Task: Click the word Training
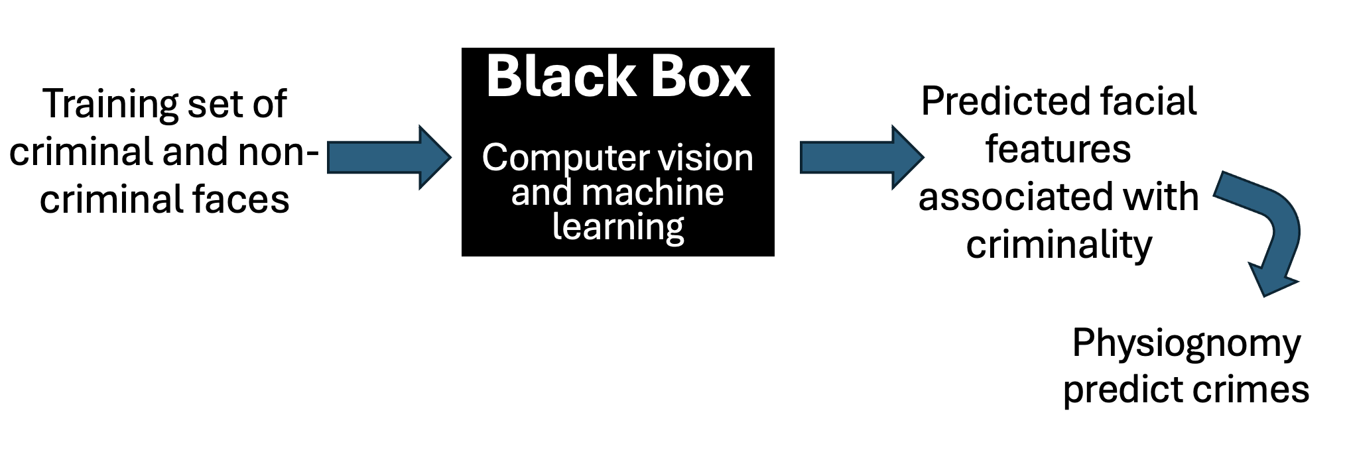[109, 105]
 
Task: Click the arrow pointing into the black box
[389, 158]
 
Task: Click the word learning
[618, 227]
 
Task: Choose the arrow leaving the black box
[861, 158]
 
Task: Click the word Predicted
[1005, 102]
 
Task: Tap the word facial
[1149, 102]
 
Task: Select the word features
[1058, 149]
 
